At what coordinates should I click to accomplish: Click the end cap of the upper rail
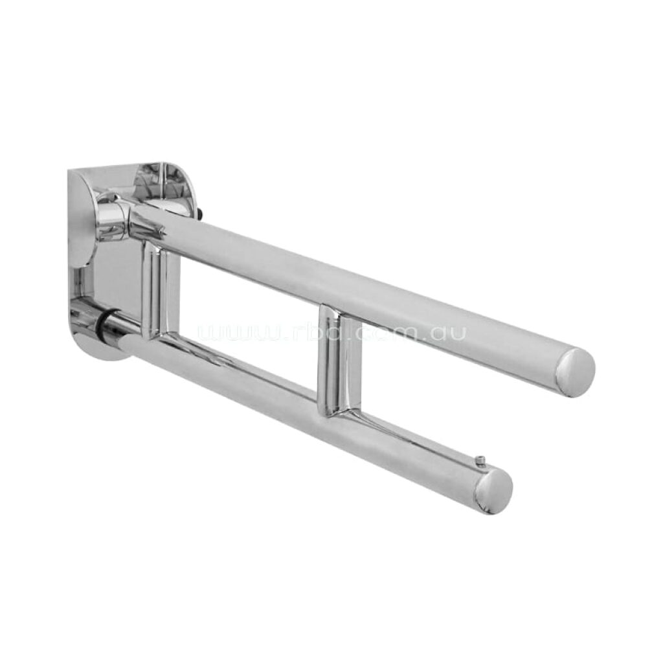point(576,372)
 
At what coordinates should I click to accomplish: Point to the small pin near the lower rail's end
point(480,460)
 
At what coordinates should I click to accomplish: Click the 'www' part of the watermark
point(236,334)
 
